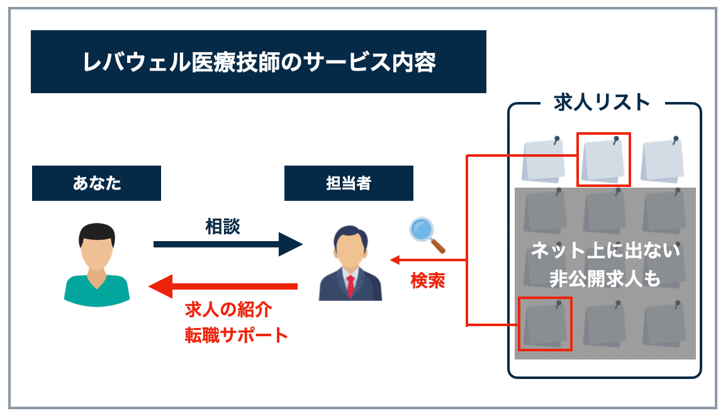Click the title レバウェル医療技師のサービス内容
259,62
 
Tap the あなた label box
96,183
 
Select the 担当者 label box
349,183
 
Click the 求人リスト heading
602,103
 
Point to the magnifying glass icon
426,234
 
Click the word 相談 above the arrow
223,226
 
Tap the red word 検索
428,280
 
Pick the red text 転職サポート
237,335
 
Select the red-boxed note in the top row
603,159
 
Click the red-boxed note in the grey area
545,324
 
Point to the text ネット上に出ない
605,251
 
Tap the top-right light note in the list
662,160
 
